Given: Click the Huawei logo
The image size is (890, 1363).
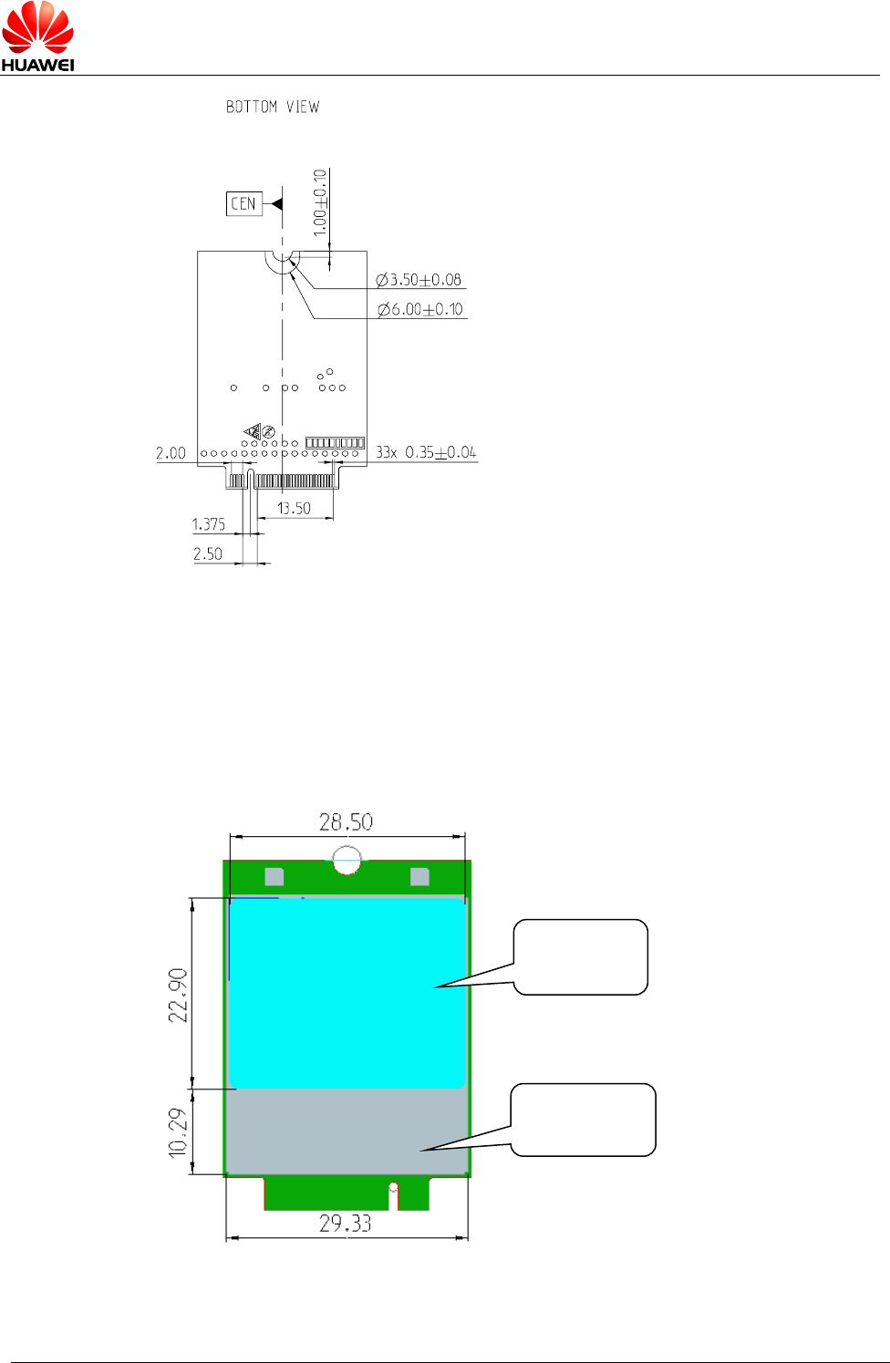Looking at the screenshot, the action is tap(37, 36).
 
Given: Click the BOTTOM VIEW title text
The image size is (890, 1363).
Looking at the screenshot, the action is tap(273, 107).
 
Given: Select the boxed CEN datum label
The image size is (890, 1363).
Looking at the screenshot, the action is tap(243, 204).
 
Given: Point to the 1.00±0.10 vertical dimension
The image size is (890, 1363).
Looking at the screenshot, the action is tap(320, 202).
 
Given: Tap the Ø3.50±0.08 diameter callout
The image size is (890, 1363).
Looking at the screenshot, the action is tap(419, 280).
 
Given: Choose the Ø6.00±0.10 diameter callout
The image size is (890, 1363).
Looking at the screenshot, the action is tap(420, 310).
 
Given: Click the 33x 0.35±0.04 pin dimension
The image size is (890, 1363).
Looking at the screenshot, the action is tap(426, 452).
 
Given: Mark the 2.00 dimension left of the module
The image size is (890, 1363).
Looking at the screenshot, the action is tap(171, 453).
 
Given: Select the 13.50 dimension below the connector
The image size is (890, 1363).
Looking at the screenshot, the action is tap(294, 508).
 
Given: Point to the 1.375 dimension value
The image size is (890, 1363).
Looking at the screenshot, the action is tap(208, 524).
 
